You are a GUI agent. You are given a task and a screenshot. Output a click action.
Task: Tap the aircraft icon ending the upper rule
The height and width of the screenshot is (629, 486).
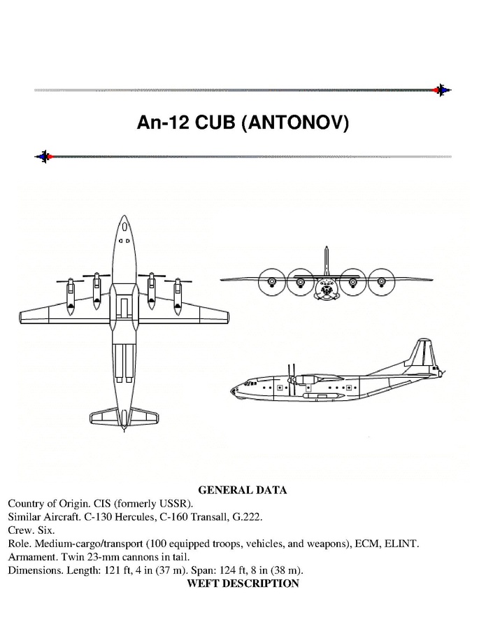[441, 90]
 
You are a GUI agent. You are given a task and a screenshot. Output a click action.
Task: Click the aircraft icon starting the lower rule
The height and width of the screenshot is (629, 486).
[44, 156]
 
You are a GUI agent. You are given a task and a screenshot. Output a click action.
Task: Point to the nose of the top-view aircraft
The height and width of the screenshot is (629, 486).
[124, 219]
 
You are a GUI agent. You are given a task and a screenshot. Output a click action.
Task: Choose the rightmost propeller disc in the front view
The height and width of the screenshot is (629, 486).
[381, 281]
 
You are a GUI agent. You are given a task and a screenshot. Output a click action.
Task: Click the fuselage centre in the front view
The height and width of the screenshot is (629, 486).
[326, 287]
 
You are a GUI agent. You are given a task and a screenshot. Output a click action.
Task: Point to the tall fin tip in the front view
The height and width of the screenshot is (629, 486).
[326, 248]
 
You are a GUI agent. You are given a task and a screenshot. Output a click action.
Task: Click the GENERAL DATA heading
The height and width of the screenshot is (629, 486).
[243, 490]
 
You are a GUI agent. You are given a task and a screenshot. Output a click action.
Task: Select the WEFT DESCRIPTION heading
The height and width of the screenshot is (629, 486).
[243, 584]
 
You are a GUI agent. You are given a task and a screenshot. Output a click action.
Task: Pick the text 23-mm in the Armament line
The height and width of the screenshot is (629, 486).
[105, 557]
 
